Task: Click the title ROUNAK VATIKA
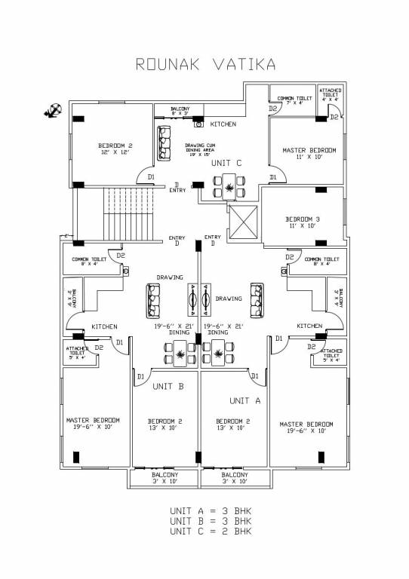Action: point(204,64)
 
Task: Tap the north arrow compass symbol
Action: point(53,112)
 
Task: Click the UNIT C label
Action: point(226,163)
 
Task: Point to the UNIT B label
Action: point(168,386)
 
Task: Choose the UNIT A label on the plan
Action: point(245,400)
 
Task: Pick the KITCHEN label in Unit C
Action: point(223,124)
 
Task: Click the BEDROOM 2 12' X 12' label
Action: point(115,149)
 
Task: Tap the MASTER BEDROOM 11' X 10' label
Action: point(309,154)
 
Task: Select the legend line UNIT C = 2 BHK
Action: point(211,531)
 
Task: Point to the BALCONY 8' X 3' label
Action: point(180,112)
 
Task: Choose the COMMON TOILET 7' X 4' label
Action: point(294,100)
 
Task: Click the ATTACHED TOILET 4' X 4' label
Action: point(330,93)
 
